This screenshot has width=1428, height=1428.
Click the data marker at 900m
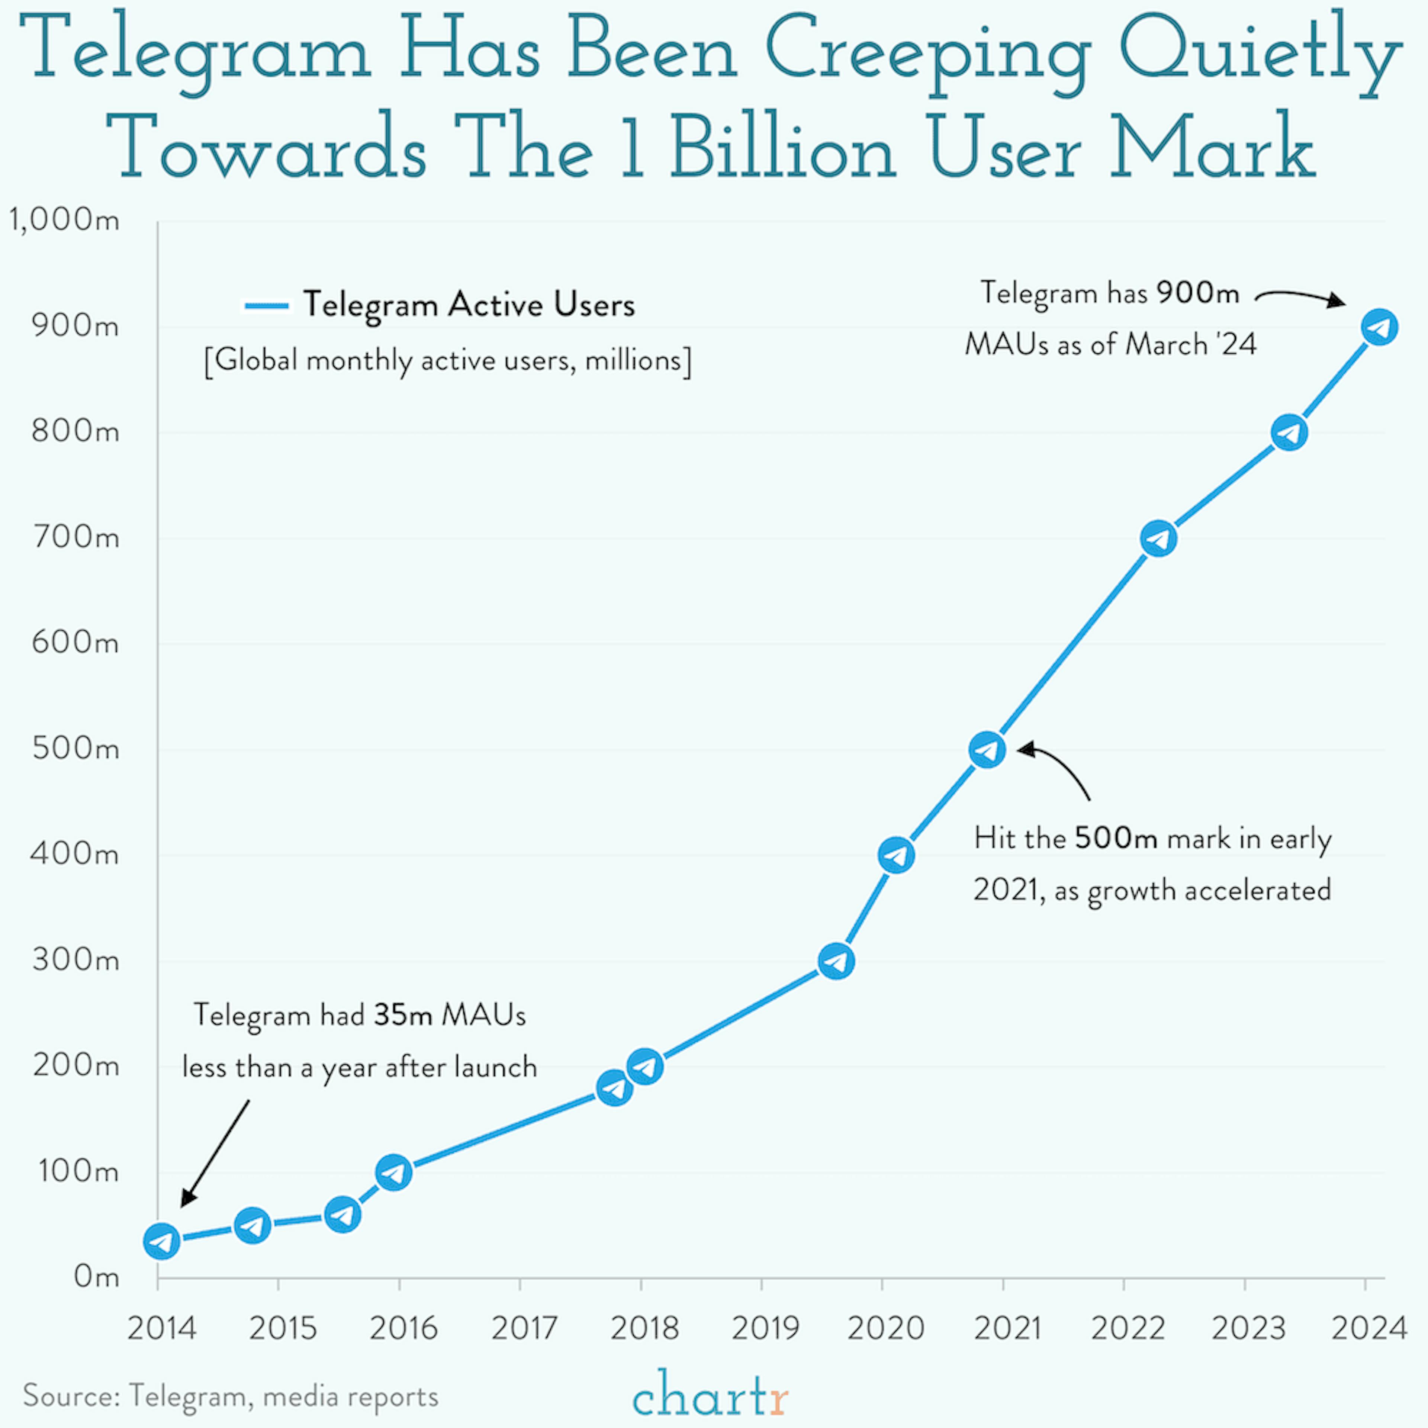click(x=1379, y=327)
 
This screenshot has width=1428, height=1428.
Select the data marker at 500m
click(x=987, y=750)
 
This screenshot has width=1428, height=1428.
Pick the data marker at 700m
click(x=1158, y=539)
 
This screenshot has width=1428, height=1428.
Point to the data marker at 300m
click(x=836, y=962)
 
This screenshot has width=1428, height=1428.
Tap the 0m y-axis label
click(x=96, y=1277)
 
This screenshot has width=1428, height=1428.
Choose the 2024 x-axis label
click(x=1368, y=1328)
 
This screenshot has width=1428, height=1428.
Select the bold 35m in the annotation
click(x=403, y=1015)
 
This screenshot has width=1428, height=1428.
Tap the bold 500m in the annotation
click(x=1115, y=838)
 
